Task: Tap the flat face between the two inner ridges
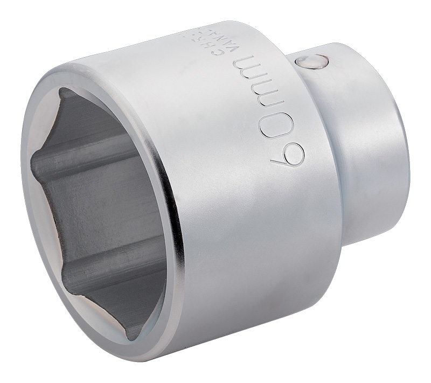[x=102, y=210]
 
